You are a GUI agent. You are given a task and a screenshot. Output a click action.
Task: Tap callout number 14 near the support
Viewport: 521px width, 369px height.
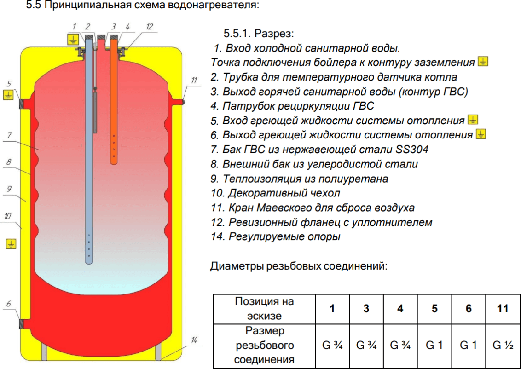[194, 340]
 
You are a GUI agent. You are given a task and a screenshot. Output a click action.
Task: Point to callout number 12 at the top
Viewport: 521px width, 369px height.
[149, 27]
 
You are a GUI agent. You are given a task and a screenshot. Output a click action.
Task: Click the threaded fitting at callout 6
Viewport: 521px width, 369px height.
[22, 323]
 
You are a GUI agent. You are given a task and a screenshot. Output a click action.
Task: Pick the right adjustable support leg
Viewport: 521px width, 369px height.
[158, 350]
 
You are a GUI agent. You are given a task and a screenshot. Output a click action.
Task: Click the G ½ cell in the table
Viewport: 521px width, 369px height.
[503, 345]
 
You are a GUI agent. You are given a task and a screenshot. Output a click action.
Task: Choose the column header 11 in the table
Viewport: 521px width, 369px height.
[503, 308]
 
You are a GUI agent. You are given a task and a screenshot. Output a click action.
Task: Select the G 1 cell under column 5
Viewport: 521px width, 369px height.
[434, 345]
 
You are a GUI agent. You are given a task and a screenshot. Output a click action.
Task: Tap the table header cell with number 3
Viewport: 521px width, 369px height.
[366, 308]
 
